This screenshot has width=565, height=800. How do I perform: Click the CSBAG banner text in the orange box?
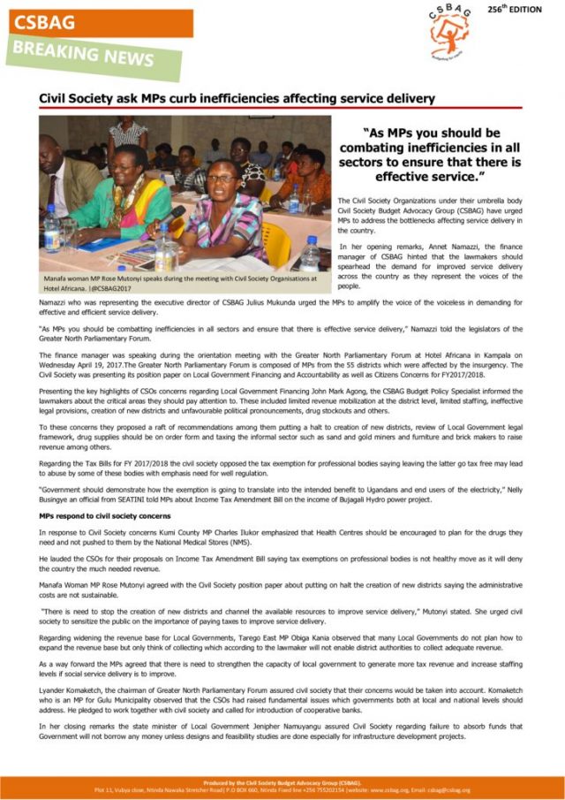tap(44, 22)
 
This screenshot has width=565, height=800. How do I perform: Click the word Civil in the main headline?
tap(56, 98)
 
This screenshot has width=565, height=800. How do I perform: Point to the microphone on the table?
tap(170, 215)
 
